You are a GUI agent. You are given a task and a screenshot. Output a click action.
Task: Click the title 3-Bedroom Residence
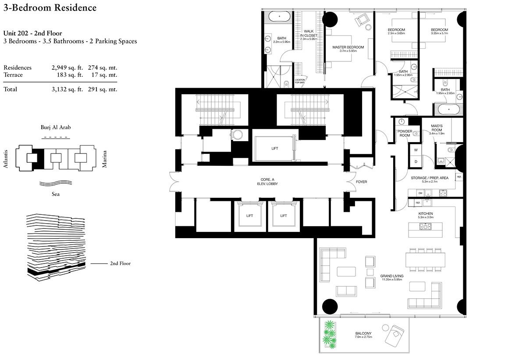click(x=50, y=8)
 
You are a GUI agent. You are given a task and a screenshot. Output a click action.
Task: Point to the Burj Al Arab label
click(x=54, y=128)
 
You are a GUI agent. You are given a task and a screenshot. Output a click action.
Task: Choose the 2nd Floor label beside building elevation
click(x=120, y=264)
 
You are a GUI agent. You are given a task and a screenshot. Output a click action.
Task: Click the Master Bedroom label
click(x=348, y=47)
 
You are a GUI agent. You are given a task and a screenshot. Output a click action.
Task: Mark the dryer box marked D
click(x=415, y=161)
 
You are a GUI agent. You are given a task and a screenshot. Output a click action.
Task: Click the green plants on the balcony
click(x=329, y=333)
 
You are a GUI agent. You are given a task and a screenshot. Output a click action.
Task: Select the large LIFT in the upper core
click(x=274, y=148)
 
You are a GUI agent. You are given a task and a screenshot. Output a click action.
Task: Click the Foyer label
click(x=361, y=182)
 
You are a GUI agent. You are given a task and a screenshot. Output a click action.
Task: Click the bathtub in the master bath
click(x=277, y=18)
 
